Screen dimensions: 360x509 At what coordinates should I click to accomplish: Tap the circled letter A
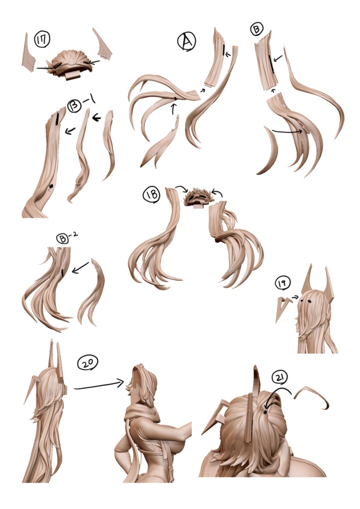[x=186, y=43]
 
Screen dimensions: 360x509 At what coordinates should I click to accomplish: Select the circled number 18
[x=152, y=195]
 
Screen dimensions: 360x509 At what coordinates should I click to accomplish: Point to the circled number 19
[x=282, y=283]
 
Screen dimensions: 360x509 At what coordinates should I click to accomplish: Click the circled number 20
[x=88, y=362]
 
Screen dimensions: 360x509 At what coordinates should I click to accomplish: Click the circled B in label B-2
[x=62, y=239]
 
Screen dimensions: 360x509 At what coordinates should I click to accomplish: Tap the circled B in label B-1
[x=75, y=106]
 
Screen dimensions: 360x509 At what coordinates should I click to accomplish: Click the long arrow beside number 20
[x=99, y=385]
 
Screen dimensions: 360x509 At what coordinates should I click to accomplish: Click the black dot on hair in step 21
[x=266, y=412]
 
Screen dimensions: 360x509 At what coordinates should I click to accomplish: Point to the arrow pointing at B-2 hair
[x=80, y=267]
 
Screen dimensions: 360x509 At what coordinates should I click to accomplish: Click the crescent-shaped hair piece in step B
[x=268, y=152]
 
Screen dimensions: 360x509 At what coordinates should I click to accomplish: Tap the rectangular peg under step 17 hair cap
[x=73, y=76]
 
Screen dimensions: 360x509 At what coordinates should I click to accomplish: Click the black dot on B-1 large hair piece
[x=51, y=186]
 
